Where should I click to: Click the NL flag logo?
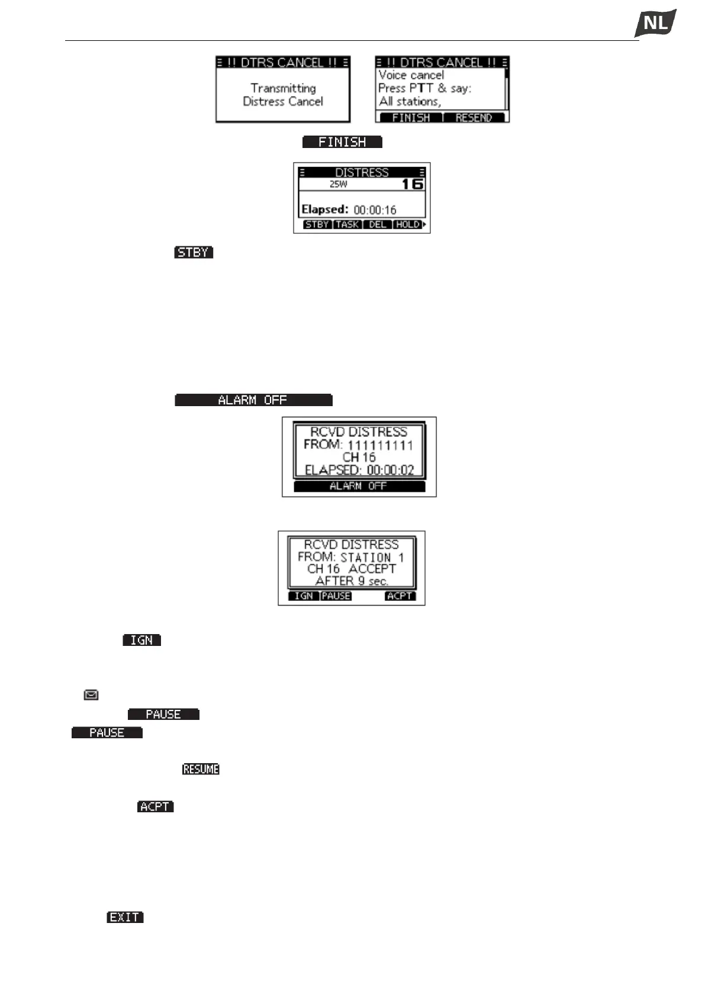coord(655,24)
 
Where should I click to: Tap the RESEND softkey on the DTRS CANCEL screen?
coord(474,118)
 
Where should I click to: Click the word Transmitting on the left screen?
coord(283,88)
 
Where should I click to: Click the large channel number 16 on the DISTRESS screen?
coord(413,184)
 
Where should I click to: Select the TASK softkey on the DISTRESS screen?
coord(347,225)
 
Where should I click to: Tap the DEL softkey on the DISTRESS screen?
coord(378,225)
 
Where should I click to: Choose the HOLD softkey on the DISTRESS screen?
coord(408,225)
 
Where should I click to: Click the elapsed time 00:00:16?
coord(375,210)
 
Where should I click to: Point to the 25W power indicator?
coord(339,185)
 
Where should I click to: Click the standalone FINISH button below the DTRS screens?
coord(342,142)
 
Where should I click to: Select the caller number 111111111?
coord(380,445)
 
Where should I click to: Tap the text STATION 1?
coord(372,558)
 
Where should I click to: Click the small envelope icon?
coord(91,695)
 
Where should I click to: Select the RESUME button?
coord(201,769)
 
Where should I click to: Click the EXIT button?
coord(125,917)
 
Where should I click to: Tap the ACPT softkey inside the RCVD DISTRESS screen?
coord(400,596)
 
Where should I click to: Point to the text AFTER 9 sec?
coord(352,581)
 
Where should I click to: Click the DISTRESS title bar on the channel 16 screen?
coord(362,172)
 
